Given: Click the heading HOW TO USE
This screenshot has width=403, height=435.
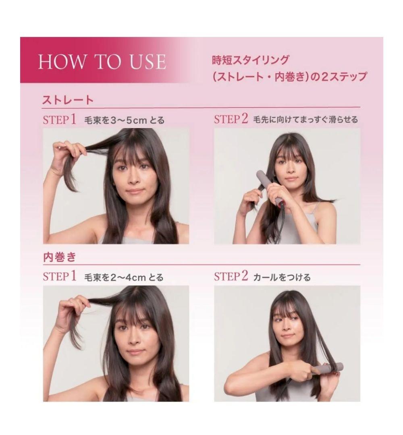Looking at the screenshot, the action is pos(102,61).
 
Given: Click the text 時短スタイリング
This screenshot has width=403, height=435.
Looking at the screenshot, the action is pos(250,60).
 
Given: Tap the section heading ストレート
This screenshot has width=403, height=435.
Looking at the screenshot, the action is pos(68,100).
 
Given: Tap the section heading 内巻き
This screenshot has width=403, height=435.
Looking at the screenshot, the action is pos(59,257).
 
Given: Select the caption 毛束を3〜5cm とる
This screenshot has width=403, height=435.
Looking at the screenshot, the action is pos(124,120).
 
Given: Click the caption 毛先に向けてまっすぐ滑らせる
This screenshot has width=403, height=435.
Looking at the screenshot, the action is pos(305,120).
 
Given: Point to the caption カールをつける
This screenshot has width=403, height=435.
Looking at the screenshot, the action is pos(282,277).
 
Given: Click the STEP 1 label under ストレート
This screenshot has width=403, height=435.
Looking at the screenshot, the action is pos(59,120).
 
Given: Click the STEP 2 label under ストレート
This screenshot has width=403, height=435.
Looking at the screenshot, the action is pos(231,119).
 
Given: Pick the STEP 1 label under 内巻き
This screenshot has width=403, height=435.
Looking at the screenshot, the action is pos(59,277).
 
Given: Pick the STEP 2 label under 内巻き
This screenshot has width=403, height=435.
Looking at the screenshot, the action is pos(231,276).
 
